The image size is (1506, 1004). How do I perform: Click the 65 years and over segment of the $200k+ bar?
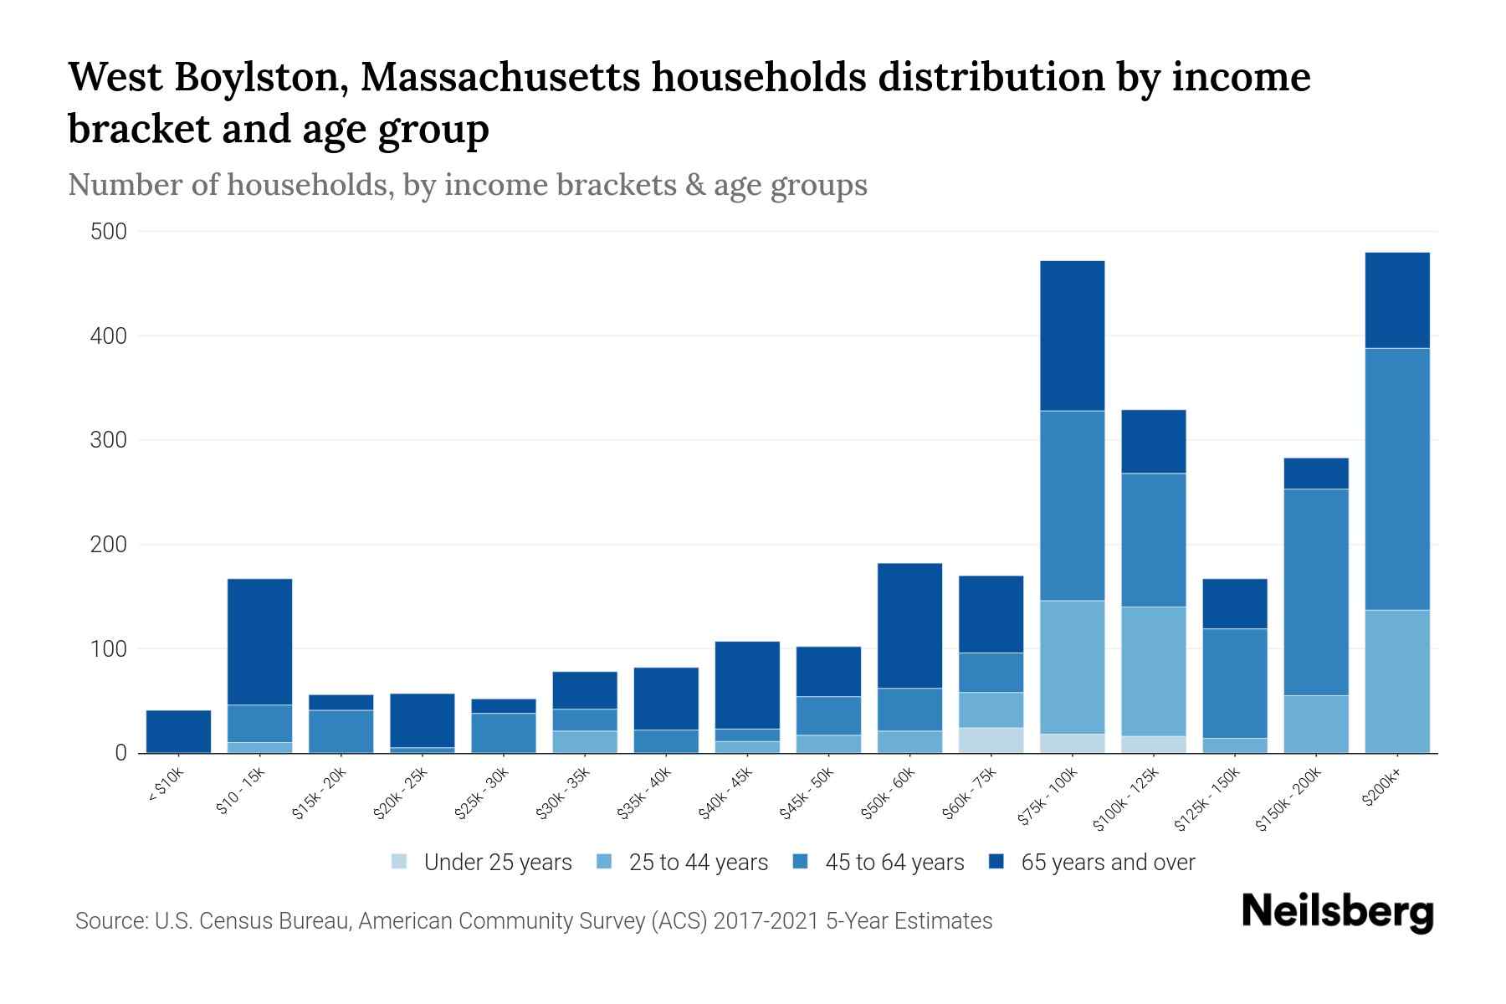point(1396,300)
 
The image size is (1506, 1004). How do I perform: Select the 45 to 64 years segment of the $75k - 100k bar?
point(1072,505)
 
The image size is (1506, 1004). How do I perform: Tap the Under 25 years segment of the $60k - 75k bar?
point(991,740)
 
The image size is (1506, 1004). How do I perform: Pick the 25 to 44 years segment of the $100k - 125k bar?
point(1153,671)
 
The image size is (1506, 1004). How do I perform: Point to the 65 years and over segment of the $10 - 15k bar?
point(259,642)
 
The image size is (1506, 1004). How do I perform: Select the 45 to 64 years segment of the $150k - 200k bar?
point(1315,592)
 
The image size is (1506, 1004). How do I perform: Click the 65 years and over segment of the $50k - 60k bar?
point(909,626)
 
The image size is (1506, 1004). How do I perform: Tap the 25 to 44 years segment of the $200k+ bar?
point(1396,681)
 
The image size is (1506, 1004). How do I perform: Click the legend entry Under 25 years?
point(498,863)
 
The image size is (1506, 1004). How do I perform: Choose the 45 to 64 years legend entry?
point(894,863)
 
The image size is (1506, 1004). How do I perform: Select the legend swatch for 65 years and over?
point(996,862)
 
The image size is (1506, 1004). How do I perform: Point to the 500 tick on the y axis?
point(109,232)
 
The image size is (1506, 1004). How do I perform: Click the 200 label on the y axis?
point(109,545)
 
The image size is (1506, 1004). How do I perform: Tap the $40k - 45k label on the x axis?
point(725,794)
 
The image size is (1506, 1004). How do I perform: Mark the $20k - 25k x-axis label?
point(401,794)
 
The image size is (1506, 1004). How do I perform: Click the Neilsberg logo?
point(1337,912)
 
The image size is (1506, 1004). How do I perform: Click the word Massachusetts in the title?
point(501,78)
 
